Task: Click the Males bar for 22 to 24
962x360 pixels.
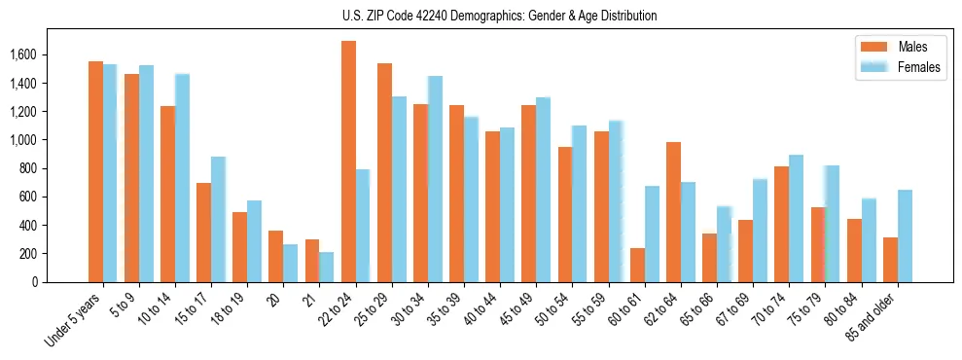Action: [348, 162]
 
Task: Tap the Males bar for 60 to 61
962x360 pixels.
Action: [637, 265]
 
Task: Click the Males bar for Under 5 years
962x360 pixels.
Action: [95, 171]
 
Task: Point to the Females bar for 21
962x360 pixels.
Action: [327, 267]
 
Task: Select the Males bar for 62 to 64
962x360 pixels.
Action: [673, 212]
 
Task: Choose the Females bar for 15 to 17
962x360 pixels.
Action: [219, 219]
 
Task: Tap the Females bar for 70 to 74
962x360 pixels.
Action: [796, 218]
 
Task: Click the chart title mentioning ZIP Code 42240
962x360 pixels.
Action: [499, 16]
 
